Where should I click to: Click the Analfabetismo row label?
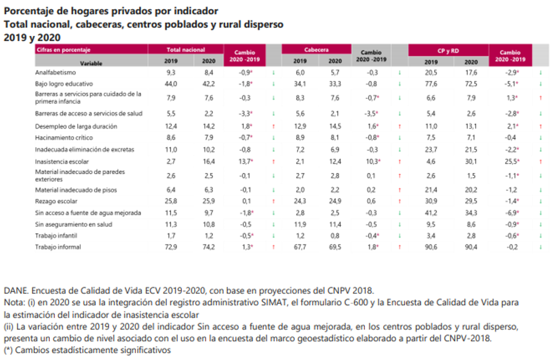[x=55, y=72]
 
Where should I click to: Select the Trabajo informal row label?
[x=58, y=247]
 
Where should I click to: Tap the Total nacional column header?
[x=186, y=49]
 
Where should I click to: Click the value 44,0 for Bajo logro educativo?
[x=171, y=83]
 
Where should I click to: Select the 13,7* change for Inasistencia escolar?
[x=245, y=161]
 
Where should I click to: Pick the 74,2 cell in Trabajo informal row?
[x=209, y=247]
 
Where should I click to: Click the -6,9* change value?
[x=511, y=213]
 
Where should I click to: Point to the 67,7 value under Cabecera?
[x=300, y=247]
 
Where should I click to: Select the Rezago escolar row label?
[x=56, y=202]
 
